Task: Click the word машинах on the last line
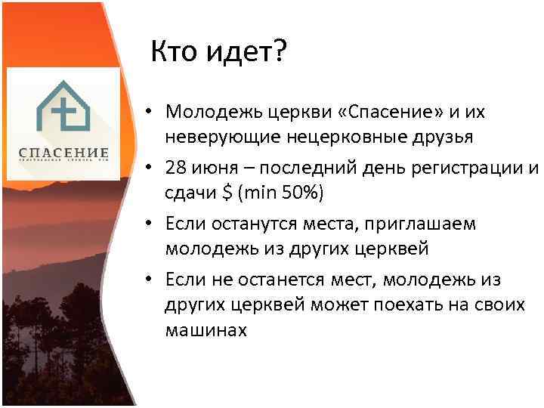click(x=206, y=330)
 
